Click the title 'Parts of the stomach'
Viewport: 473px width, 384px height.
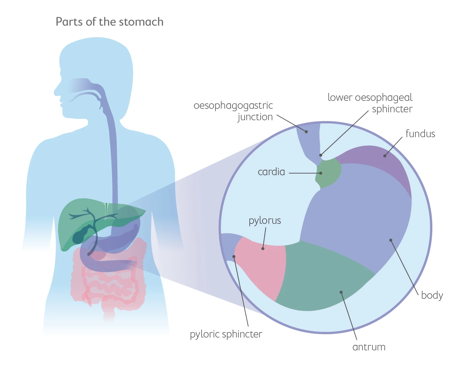109,22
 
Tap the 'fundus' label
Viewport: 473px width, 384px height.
420,134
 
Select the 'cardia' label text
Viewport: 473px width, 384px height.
271,172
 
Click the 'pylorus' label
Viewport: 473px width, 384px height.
265,221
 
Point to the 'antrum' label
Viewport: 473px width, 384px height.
369,347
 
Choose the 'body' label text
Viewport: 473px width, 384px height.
432,295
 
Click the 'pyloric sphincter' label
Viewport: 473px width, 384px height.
226,334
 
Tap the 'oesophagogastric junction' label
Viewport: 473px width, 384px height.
233,111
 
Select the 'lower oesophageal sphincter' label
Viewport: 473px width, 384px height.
370,103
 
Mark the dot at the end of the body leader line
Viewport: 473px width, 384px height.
391,240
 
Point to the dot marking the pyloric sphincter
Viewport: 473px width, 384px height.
234,256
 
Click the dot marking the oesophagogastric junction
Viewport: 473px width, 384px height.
306,132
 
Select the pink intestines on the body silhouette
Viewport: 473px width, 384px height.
109,287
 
